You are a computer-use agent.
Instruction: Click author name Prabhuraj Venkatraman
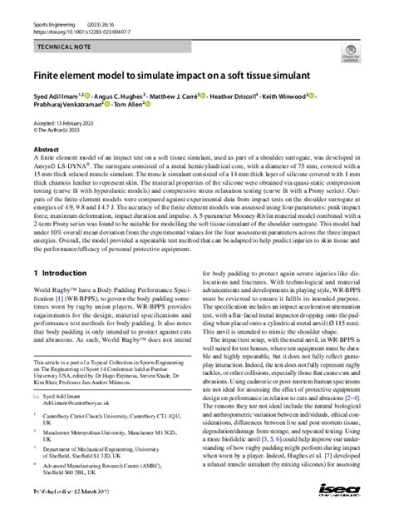point(66,106)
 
